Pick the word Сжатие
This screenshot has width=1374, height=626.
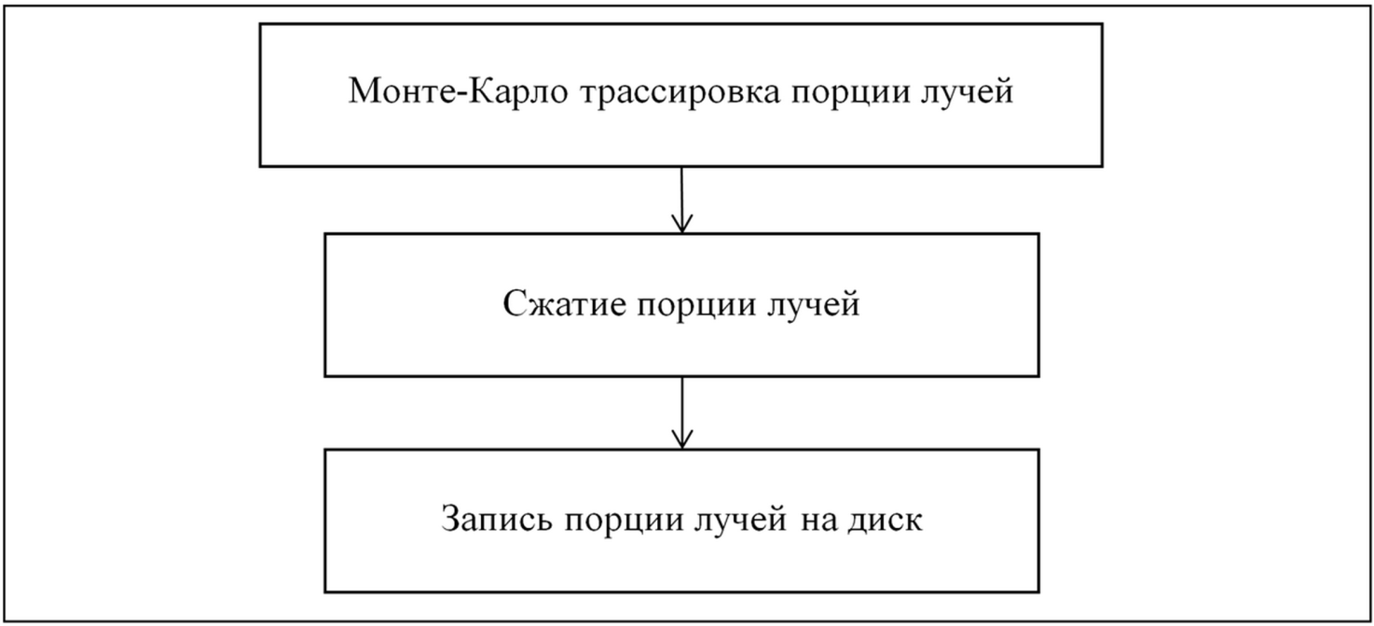(x=564, y=303)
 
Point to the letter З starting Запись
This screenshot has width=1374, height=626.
(x=451, y=520)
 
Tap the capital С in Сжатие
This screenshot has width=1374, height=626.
(x=514, y=303)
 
